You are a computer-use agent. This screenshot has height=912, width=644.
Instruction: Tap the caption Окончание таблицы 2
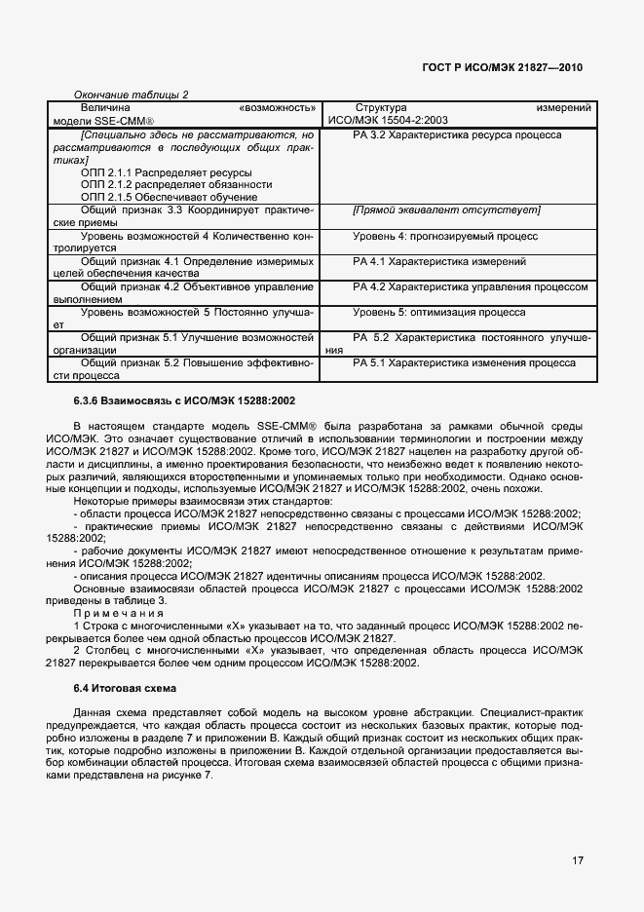[132, 95]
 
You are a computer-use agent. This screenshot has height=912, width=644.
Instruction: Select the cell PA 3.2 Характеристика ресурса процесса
[457, 134]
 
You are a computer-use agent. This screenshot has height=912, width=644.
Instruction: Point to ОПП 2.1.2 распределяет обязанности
[176, 184]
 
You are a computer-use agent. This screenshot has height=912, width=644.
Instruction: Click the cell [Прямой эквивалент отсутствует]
[446, 210]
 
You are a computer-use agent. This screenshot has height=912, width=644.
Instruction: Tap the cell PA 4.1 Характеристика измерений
[439, 262]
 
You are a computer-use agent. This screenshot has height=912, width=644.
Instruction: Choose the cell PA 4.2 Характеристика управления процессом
[471, 287]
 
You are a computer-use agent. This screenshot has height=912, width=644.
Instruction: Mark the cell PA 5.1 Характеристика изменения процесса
[464, 362]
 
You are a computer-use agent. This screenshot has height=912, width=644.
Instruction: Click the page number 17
[579, 859]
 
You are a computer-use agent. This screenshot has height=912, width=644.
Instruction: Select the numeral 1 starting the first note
[76, 627]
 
